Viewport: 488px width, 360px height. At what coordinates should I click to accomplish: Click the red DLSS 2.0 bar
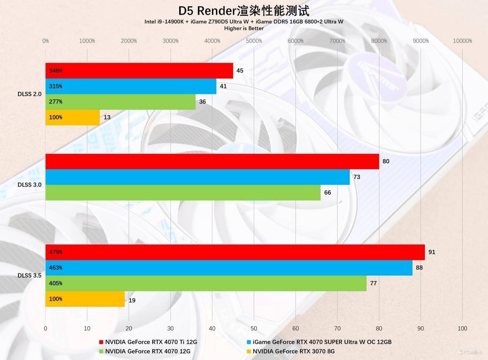coord(139,71)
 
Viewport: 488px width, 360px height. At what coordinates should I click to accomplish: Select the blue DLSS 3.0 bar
coord(197,177)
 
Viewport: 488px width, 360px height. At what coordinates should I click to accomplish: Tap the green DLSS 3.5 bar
coord(206,283)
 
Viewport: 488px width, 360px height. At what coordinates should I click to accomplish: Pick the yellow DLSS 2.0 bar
coord(72,117)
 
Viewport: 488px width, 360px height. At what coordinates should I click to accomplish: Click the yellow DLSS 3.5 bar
coord(85,299)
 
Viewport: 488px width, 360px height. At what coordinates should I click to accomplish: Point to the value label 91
coord(432,252)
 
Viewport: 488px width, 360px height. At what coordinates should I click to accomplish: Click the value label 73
coord(357,177)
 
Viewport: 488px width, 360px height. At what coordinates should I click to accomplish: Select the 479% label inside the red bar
coord(56,252)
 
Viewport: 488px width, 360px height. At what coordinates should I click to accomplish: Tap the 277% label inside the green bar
coord(56,102)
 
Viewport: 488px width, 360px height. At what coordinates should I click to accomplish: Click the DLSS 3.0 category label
coord(29,185)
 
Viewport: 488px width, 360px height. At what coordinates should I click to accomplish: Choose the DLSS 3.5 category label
coord(29,276)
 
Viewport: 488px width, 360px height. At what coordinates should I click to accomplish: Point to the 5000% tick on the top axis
coord(254,41)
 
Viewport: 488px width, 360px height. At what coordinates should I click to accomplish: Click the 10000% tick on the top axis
coord(462,41)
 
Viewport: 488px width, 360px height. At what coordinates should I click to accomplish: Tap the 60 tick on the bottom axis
coord(296,328)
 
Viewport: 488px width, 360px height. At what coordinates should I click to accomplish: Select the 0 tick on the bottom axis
coord(45,328)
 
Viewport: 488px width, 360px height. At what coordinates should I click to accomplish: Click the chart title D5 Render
coord(244,11)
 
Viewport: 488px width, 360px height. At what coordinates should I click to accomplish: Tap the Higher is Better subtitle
coord(244,28)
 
